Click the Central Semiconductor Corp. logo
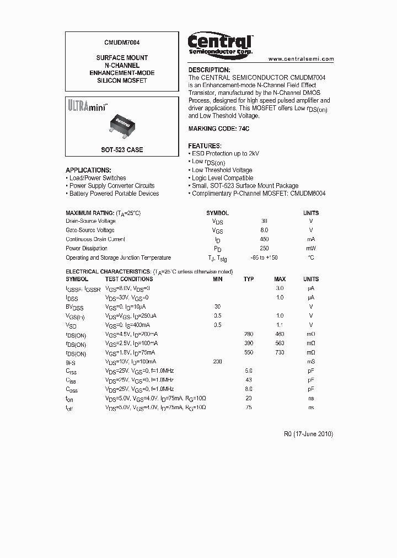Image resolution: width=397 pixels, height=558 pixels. [x=220, y=43]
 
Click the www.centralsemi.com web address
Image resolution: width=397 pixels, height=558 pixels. [x=301, y=59]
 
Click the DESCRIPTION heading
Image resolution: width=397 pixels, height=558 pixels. [x=209, y=70]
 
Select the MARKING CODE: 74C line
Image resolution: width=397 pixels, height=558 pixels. [x=219, y=128]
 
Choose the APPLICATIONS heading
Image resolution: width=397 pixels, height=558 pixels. [x=88, y=170]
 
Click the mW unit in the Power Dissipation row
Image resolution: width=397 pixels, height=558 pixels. [x=310, y=249]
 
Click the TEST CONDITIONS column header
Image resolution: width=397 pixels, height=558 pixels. [x=128, y=280]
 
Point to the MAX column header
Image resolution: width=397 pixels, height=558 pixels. [x=280, y=280]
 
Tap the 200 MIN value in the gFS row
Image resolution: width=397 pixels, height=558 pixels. [x=217, y=362]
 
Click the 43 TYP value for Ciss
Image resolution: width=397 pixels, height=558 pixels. [x=249, y=380]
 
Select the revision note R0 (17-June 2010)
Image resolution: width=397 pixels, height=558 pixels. [x=308, y=434]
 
